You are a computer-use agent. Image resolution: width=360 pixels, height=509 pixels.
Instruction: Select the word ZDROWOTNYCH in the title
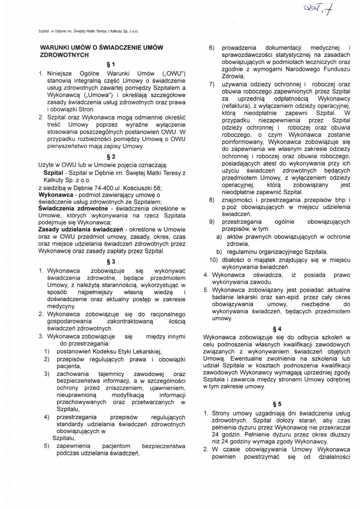[x=64, y=55]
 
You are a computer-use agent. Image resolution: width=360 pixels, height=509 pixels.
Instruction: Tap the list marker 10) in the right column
[x=213, y=260]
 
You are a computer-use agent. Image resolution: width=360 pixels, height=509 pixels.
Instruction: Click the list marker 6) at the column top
[x=212, y=48]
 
